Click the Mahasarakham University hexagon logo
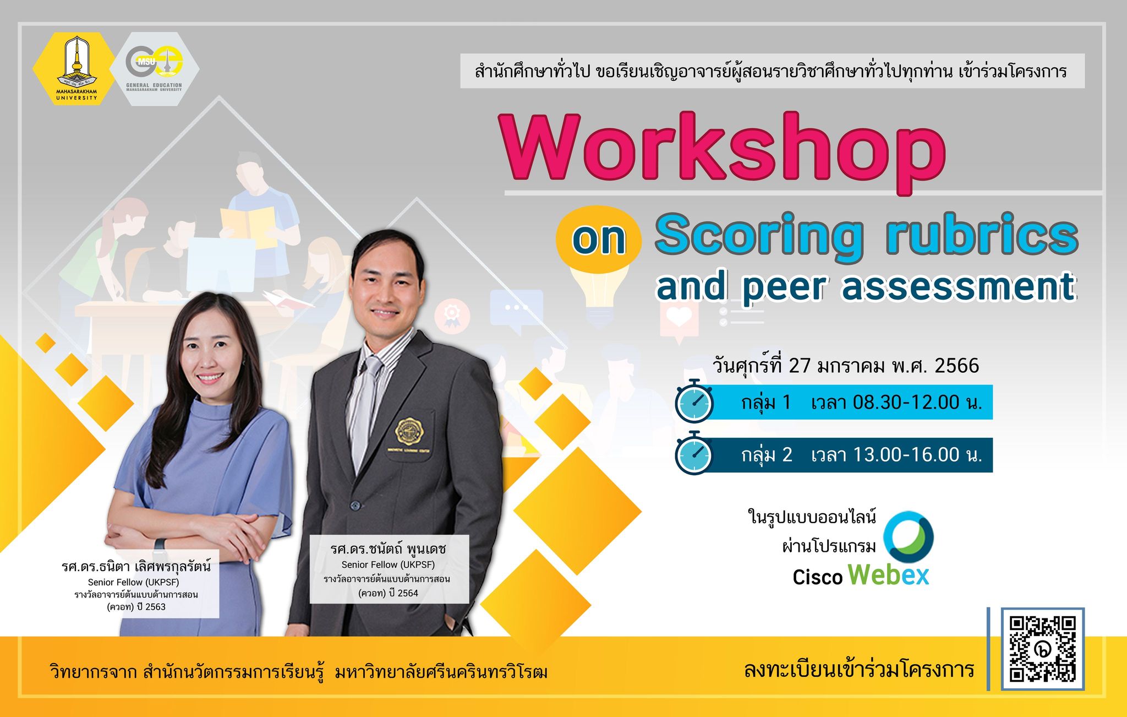(x=76, y=68)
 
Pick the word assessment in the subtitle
(x=958, y=287)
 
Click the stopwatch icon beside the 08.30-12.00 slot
(x=694, y=401)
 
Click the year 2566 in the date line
(x=957, y=366)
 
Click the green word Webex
(x=888, y=575)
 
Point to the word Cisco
(x=818, y=577)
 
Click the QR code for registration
(x=1042, y=649)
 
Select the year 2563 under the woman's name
(x=155, y=607)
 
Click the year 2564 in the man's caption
(x=408, y=593)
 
